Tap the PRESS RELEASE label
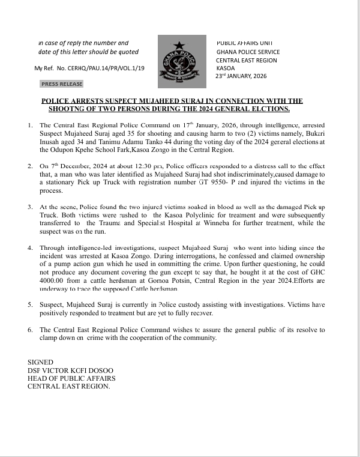[62, 84]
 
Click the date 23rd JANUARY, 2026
[241, 76]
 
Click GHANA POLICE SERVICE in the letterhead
[248, 52]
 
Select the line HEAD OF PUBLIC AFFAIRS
[71, 378]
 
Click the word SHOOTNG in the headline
[67, 109]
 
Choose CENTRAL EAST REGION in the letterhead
[247, 60]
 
